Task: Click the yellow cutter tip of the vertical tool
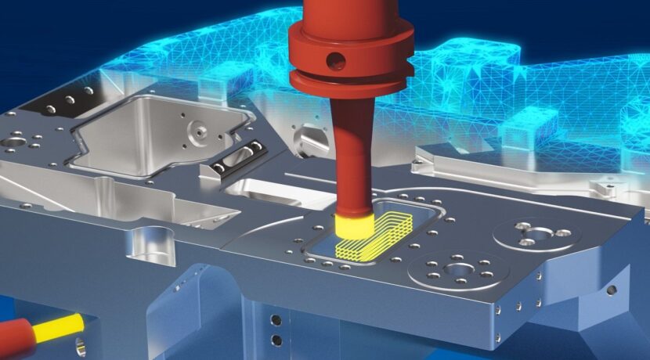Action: click(354, 227)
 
